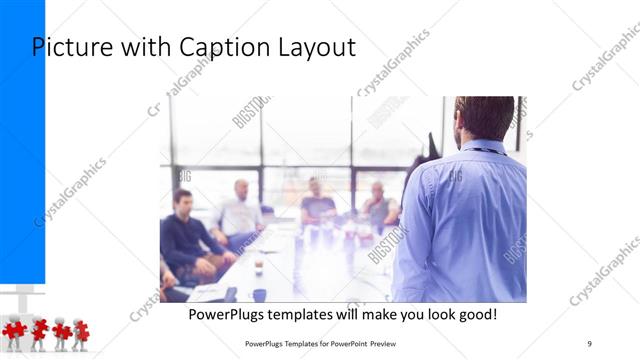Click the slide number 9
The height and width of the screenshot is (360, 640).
[589, 343]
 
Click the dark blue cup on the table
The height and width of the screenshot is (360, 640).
[259, 294]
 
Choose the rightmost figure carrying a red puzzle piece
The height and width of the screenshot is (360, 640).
[80, 333]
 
